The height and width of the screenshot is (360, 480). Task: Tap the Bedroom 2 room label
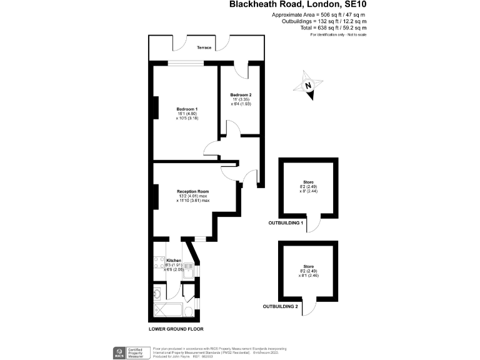tap(241, 95)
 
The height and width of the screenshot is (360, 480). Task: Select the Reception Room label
tap(192, 191)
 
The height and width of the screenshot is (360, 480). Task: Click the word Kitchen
tap(173, 260)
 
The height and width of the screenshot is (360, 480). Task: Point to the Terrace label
tap(204, 48)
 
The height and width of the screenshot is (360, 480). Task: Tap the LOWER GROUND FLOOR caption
tap(176, 329)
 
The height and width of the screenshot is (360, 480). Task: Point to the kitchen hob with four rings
tap(157, 266)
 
